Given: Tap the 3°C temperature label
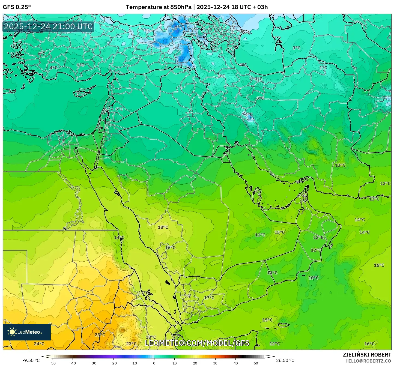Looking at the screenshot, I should point(296,48).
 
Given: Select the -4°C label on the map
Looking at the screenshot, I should point(248,115).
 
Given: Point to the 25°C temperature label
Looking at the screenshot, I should point(100,335).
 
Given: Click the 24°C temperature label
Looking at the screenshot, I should point(39,343).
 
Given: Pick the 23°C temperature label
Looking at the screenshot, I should point(131,343).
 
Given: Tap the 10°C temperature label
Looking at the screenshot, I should point(313,278).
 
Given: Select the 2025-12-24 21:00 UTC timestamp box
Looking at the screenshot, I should point(48,26).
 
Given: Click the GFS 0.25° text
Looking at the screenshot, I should point(17,7).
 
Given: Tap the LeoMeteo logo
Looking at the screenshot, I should point(26,332).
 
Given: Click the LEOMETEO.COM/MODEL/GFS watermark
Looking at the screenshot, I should point(197,343).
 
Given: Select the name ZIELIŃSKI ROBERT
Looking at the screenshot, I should point(367,355).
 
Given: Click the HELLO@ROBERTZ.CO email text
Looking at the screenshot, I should point(368,361).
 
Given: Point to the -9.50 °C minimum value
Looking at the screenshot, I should point(31,360).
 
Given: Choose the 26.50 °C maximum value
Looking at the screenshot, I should point(285,360).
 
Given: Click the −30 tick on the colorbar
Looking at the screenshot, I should point(93,363).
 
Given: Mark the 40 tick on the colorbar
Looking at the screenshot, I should point(236,363).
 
